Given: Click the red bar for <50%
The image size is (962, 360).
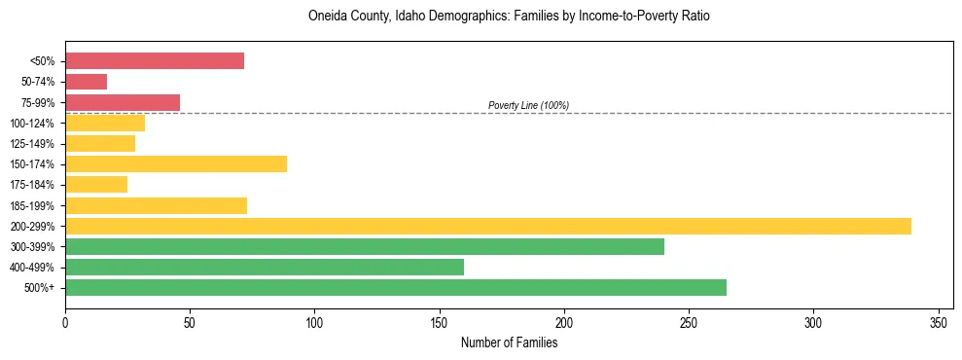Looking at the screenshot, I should point(155,61).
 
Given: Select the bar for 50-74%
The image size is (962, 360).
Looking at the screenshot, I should point(87,82).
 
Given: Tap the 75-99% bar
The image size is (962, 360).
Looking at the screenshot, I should point(123,102).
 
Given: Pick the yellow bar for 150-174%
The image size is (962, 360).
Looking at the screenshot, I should point(176,164).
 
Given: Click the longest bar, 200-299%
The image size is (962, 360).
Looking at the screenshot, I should point(488,226).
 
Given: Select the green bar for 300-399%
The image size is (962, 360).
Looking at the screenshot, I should point(365,246).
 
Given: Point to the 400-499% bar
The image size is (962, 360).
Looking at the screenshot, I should point(265,267).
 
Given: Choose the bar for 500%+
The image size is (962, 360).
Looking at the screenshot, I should point(396,287).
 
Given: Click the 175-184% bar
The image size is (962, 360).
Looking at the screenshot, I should point(96,185).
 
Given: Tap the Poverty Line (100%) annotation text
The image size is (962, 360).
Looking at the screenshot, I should point(528,105).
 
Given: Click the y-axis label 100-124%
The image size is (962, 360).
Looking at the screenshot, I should point(33,124).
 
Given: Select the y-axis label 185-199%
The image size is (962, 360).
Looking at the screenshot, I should point(33,206).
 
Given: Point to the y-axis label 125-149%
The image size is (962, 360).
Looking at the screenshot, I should point(33,144).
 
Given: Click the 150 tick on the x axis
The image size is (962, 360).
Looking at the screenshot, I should point(440,322).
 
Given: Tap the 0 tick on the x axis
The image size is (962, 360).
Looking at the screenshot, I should point(65,322).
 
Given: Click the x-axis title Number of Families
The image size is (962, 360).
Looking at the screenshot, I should point(509,342).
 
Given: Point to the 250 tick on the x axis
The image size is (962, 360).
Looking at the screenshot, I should point(689,322).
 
